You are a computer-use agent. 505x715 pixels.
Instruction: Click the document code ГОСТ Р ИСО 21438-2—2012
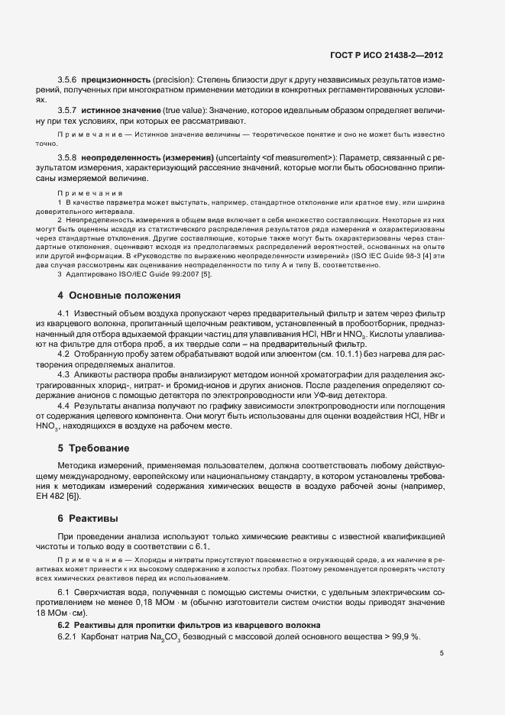[398, 56]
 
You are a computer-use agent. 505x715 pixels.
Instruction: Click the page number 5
[442, 653]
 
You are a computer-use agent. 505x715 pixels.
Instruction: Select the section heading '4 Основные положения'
[118, 295]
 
